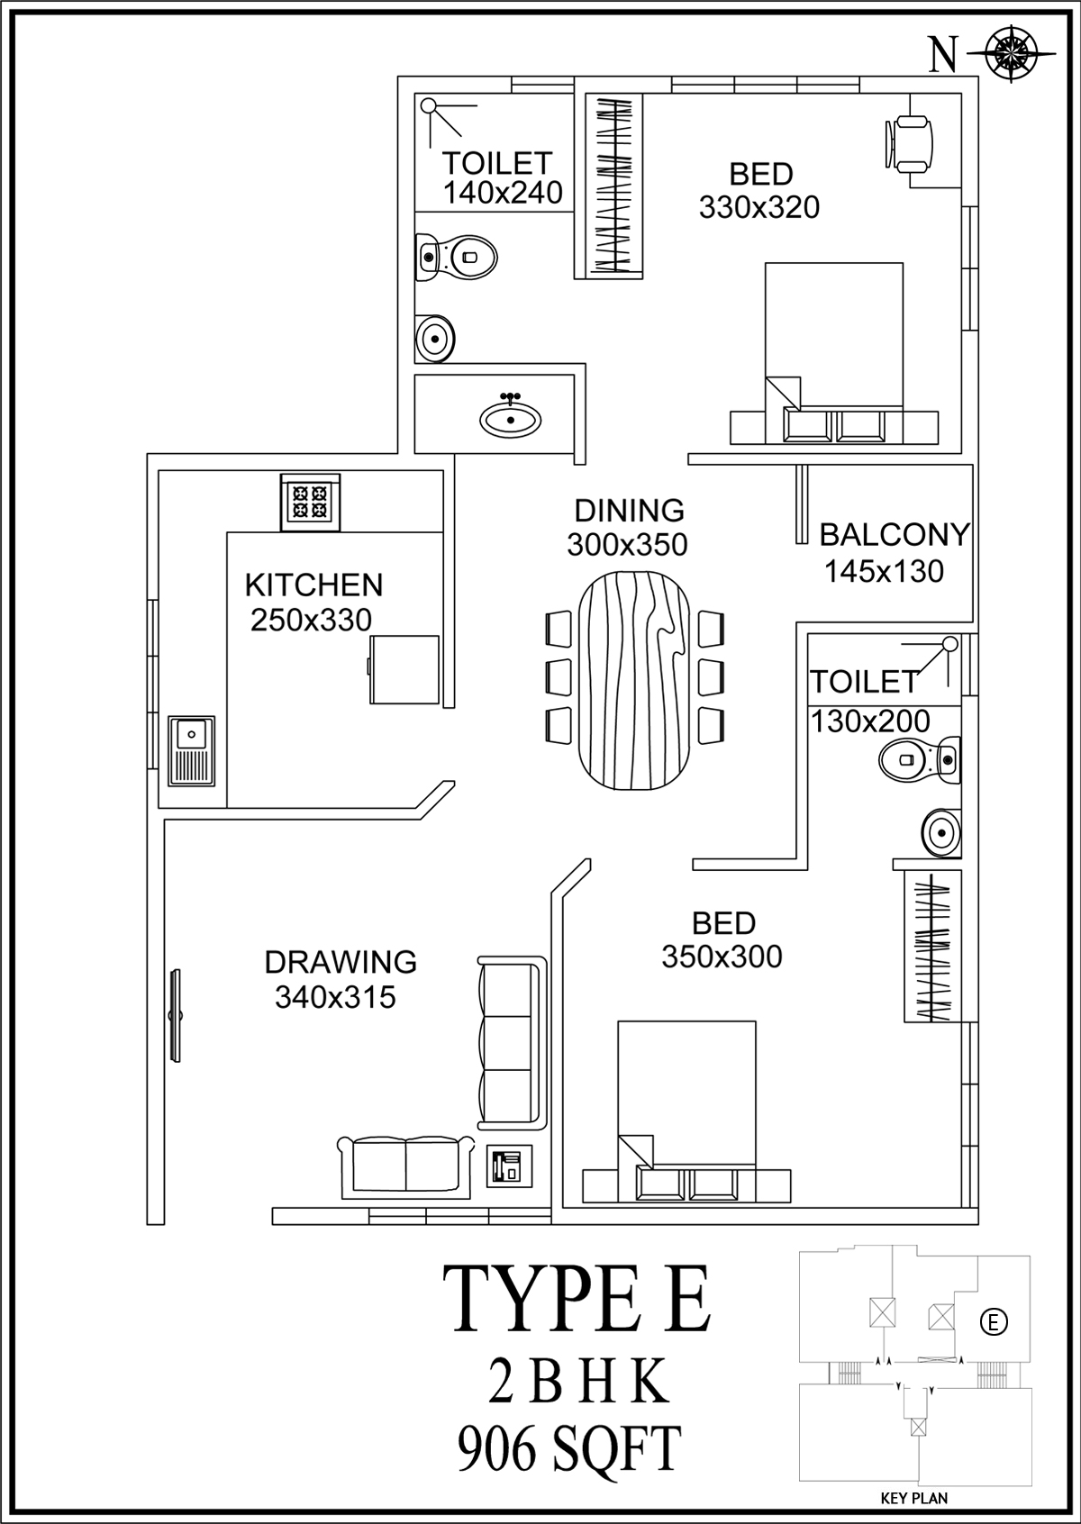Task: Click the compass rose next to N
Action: click(x=1011, y=54)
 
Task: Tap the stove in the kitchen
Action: click(x=310, y=502)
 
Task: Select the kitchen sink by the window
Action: click(x=191, y=751)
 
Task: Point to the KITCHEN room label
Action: click(x=313, y=585)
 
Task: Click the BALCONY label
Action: click(x=895, y=535)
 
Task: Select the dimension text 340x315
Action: click(x=335, y=997)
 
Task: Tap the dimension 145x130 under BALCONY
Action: click(x=885, y=571)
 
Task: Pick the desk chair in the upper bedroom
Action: click(x=909, y=144)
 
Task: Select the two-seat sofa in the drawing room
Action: click(x=406, y=1166)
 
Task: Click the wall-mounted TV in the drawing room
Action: click(x=176, y=1016)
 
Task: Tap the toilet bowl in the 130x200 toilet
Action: click(x=920, y=759)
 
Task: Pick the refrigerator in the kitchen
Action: click(x=404, y=669)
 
